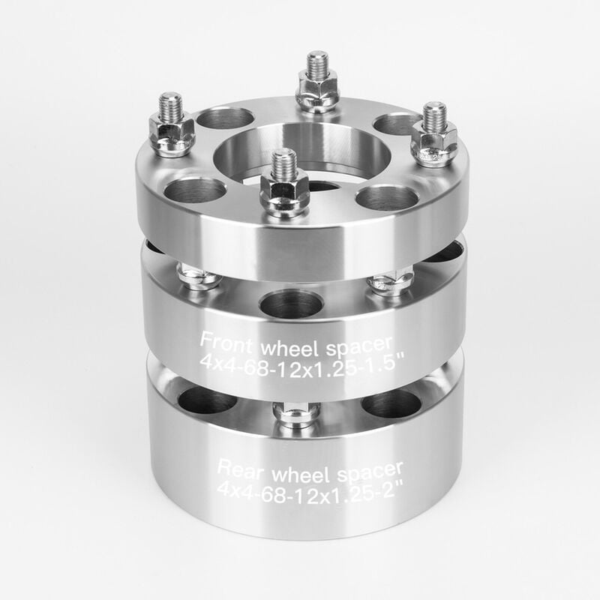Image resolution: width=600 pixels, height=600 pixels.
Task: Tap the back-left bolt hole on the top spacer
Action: pyautogui.click(x=225, y=118)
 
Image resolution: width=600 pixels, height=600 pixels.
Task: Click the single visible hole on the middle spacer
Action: pyautogui.click(x=291, y=304)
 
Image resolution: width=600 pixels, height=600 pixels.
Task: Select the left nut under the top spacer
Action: pyautogui.click(x=199, y=277)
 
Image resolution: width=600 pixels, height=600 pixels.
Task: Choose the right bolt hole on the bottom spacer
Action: pyautogui.click(x=391, y=403)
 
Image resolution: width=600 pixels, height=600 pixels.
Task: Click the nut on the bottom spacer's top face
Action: pyautogui.click(x=298, y=413)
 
